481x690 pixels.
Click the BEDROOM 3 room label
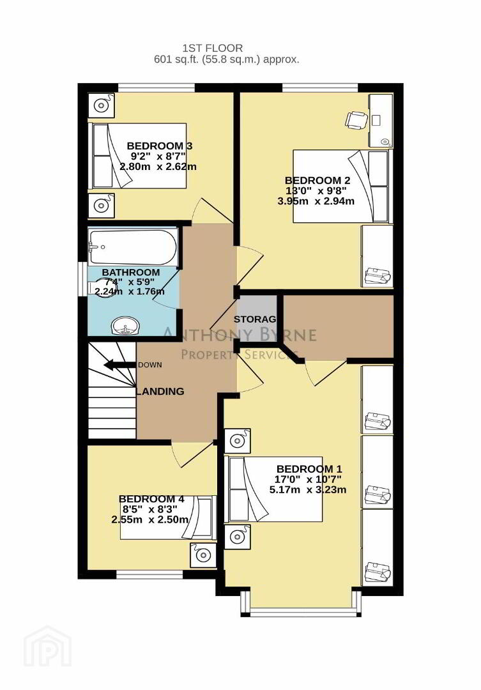(x=159, y=146)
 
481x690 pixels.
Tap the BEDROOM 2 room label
(x=317, y=180)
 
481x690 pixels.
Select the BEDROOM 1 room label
(x=309, y=469)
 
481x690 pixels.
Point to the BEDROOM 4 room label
(x=151, y=499)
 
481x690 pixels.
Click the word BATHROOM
(x=131, y=272)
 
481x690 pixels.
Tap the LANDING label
(x=160, y=391)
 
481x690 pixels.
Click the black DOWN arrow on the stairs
(x=119, y=365)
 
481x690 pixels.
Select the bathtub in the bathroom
(x=132, y=247)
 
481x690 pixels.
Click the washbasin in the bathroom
(x=125, y=326)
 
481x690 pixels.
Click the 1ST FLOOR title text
(x=213, y=48)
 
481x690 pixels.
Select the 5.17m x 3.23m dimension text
(x=308, y=489)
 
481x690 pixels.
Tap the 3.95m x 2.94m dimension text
(x=316, y=201)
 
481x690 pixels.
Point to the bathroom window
(x=82, y=279)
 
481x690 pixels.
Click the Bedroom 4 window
(x=149, y=575)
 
